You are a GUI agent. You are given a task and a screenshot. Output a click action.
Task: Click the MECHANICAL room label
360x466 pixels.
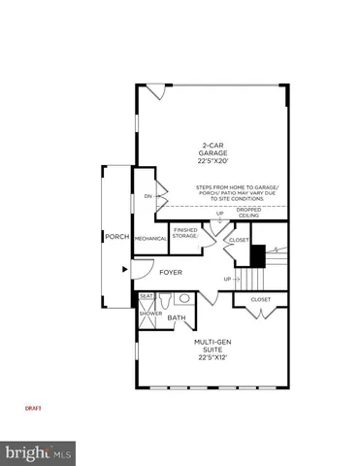coord(150,238)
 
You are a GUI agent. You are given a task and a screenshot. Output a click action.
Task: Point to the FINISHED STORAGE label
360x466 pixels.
coord(185,233)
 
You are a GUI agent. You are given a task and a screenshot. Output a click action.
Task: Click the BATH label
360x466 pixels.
coord(177,317)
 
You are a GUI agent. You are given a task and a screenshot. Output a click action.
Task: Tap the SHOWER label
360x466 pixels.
coord(150,314)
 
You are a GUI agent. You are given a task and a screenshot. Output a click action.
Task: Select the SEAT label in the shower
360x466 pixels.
coord(147,296)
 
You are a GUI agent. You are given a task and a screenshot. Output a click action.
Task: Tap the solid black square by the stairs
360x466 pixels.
coord(258,255)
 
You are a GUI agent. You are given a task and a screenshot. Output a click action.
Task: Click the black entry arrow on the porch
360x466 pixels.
coord(123,269)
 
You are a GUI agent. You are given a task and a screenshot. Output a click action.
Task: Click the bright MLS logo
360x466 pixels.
coord(39,452)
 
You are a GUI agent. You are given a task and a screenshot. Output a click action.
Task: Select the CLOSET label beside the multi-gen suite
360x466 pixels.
coord(261,299)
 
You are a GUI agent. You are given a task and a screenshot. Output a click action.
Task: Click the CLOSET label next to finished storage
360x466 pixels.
coord(238,239)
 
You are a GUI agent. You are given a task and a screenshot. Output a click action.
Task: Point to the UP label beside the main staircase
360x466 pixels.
coord(227,279)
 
